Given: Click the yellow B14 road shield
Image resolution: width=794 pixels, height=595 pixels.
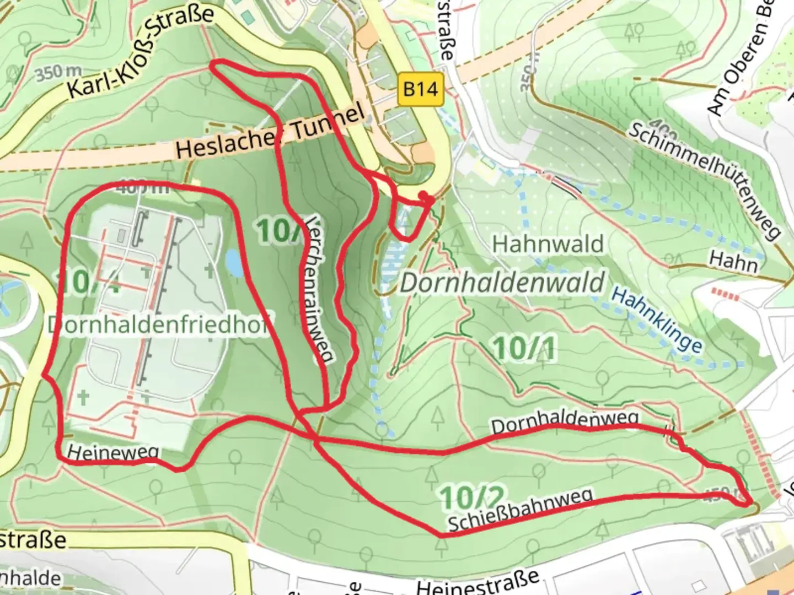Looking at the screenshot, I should point(420,88).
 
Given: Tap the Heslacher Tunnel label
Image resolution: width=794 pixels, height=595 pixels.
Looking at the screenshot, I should point(270,132).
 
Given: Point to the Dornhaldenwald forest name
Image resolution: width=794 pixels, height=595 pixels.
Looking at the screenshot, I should point(502,283).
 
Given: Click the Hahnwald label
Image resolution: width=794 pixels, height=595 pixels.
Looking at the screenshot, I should point(548,244).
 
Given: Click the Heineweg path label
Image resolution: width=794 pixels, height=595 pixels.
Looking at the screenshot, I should point(112,453).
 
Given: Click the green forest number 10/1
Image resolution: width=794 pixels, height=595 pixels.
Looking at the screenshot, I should point(524,349).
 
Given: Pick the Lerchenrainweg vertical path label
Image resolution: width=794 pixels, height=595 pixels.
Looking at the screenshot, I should point(319,289).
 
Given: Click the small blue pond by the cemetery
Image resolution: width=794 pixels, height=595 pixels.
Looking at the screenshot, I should point(234,263).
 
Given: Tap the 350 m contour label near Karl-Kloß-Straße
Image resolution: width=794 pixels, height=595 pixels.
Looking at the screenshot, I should point(58,73).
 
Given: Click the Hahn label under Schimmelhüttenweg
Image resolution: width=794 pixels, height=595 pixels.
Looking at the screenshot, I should point(733,261).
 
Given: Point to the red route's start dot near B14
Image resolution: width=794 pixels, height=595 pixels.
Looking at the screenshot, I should point(423,196).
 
